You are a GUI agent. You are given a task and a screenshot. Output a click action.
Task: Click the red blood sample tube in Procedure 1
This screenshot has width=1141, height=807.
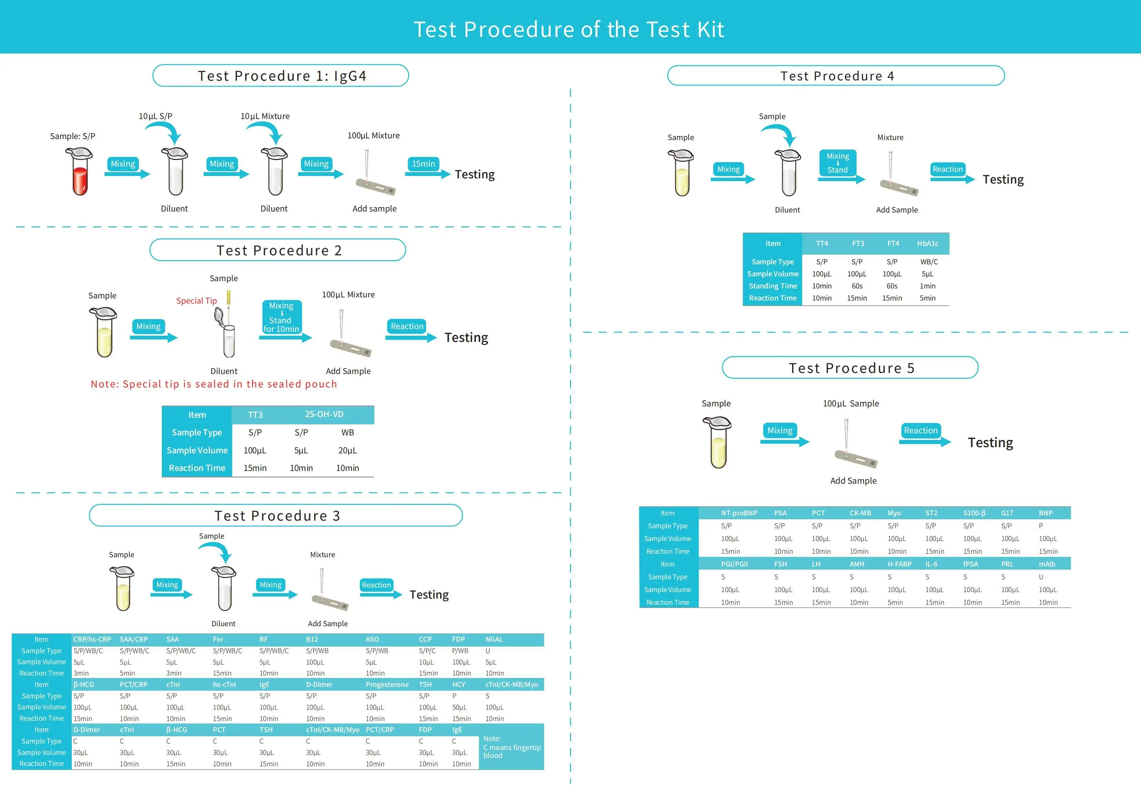[79, 171]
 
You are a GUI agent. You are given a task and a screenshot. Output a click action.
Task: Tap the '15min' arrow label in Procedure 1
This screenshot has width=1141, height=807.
[423, 164]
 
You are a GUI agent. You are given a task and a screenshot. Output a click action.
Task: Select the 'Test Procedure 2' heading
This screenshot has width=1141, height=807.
[279, 250]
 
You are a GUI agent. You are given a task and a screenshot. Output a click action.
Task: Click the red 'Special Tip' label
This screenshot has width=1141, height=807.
[196, 301]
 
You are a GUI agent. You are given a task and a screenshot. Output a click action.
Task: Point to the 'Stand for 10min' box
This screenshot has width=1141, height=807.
[281, 317]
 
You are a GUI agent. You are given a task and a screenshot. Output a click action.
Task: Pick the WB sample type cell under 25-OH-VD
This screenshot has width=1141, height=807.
[347, 432]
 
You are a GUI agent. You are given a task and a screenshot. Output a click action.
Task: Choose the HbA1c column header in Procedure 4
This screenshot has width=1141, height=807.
[928, 244]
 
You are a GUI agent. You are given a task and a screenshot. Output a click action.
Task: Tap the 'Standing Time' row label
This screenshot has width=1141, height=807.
[773, 286]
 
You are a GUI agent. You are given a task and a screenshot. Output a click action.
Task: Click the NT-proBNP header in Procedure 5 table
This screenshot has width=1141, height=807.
[739, 513]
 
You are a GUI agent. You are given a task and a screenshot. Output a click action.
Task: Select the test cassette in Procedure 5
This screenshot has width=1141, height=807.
[856, 458]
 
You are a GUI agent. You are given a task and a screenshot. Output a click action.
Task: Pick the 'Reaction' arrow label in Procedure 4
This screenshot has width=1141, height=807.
[947, 169]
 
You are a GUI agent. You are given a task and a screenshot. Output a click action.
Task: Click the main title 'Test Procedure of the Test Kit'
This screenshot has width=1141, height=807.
[569, 29]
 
